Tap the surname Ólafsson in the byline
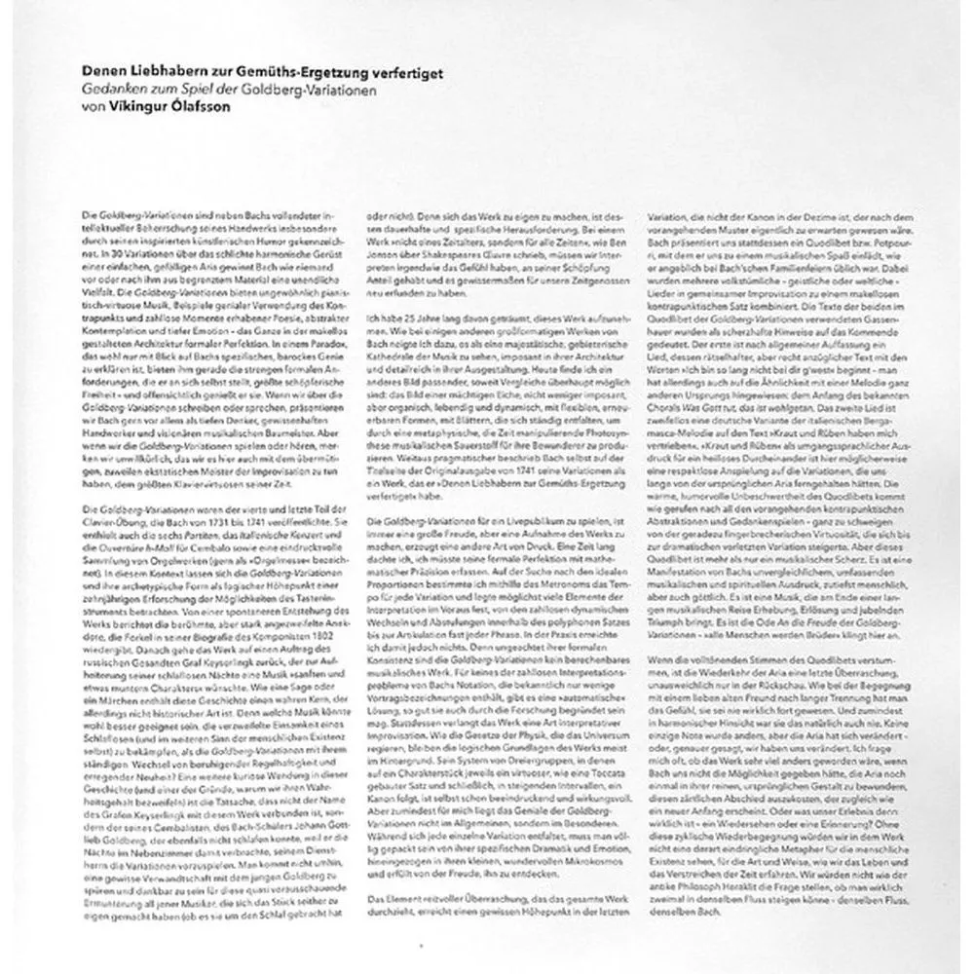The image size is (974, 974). pyautogui.click(x=182, y=106)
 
